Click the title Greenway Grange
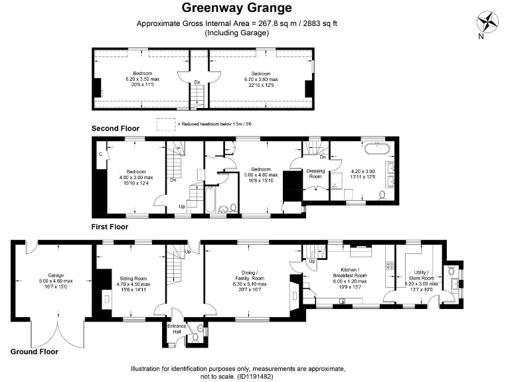point(236,9)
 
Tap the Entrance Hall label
point(175,328)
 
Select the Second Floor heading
point(115,128)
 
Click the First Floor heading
point(110,227)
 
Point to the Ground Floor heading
point(34,351)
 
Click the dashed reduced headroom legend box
point(165,123)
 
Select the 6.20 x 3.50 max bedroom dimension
point(142,79)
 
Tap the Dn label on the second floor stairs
point(197,82)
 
